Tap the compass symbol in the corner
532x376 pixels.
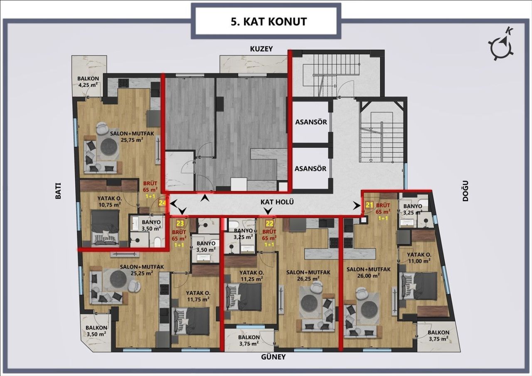click(503, 45)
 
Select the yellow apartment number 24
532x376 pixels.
click(163, 203)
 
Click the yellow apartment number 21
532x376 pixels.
click(369, 205)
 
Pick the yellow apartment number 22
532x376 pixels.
click(269, 223)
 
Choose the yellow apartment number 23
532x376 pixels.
click(180, 223)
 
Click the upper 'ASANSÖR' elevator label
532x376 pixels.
click(310, 123)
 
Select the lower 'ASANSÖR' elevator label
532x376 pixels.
click(310, 169)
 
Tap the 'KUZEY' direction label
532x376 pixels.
click(261, 49)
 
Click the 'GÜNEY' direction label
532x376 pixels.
click(273, 357)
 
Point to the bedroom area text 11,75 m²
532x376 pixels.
click(197, 298)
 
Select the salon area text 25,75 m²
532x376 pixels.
click(132, 140)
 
